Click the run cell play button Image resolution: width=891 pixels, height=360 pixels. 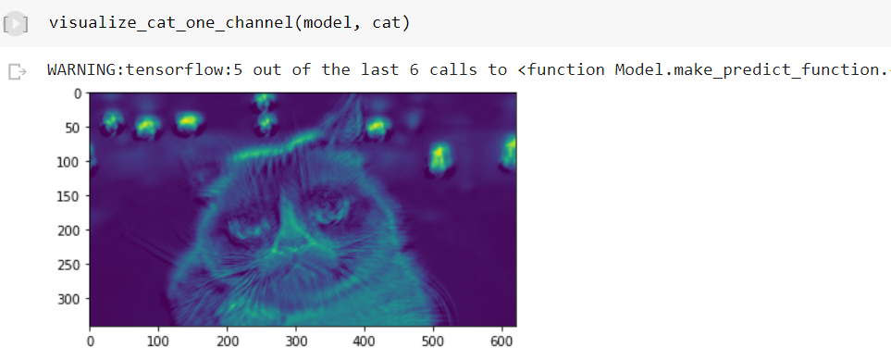tap(15, 23)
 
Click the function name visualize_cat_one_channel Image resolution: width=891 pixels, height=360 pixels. tap(171, 22)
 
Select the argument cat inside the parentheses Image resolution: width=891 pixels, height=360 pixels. tap(388, 22)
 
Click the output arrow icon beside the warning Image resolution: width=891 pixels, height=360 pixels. tap(15, 71)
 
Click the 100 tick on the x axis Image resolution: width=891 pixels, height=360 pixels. tap(158, 341)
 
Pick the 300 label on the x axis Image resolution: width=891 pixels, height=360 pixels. tap(295, 341)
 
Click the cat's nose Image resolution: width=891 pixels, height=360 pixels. tap(289, 242)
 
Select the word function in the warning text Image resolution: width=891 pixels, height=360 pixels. tap(569, 70)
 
